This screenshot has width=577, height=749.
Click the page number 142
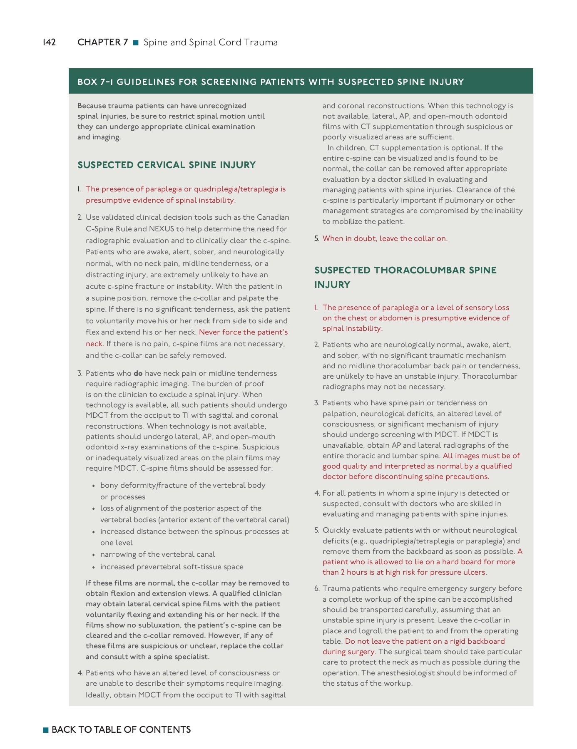click(49, 42)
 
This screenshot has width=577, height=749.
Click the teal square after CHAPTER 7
click(135, 42)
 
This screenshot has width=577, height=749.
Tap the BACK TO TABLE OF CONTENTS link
click(121, 729)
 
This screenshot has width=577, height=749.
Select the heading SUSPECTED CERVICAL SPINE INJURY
click(167, 165)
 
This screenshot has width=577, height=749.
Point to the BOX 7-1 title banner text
click(271, 82)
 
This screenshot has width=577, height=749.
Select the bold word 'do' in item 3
click(138, 373)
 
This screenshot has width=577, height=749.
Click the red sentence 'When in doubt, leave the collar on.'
click(385, 238)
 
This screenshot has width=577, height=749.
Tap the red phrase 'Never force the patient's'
click(243, 332)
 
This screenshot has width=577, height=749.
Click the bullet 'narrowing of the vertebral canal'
click(157, 554)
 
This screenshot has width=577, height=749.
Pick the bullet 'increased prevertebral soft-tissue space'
click(172, 567)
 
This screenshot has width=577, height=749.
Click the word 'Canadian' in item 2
click(273, 217)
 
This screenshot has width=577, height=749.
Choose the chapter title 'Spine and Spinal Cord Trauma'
click(210, 42)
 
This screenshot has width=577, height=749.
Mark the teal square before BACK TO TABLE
click(46, 730)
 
